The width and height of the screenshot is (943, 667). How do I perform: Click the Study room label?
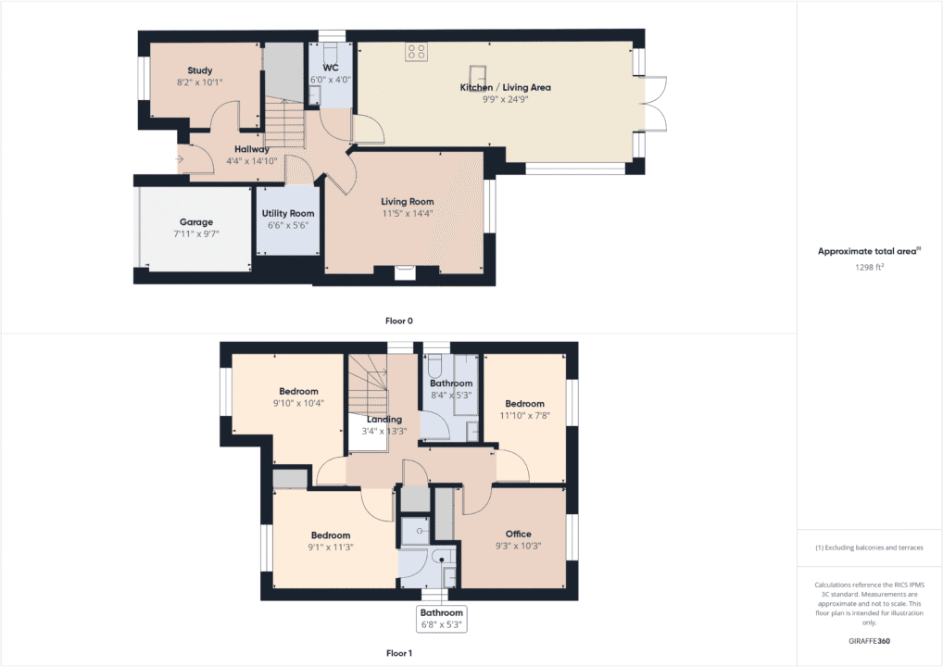coord(199,70)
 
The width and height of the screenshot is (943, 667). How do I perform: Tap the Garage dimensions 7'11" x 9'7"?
coord(195,234)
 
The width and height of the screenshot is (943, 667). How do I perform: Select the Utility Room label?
coord(288,213)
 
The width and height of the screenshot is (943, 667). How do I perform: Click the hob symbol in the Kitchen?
coord(416,53)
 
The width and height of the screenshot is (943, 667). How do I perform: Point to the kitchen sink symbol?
coord(479,73)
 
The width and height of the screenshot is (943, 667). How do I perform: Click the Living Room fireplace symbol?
coord(405,271)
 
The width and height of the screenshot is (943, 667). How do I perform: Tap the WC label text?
coord(331,69)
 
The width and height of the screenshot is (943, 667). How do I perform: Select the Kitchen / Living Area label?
coord(505,87)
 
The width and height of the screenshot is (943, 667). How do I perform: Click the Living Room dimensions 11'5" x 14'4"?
coord(407,213)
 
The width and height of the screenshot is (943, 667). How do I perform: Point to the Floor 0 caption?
coord(398,321)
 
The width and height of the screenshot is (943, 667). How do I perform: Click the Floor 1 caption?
coord(398,653)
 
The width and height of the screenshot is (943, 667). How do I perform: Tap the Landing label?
coord(383,419)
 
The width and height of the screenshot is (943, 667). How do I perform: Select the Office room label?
coord(518,534)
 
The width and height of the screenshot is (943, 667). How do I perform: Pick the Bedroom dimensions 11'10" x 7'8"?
coord(524,416)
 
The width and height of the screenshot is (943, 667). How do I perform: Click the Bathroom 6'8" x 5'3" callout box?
coord(441,618)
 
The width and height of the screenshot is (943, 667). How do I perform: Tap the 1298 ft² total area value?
coord(869,267)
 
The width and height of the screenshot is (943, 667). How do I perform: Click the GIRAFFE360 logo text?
coord(869,640)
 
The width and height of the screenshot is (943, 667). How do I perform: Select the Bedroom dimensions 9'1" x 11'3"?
coord(330,547)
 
